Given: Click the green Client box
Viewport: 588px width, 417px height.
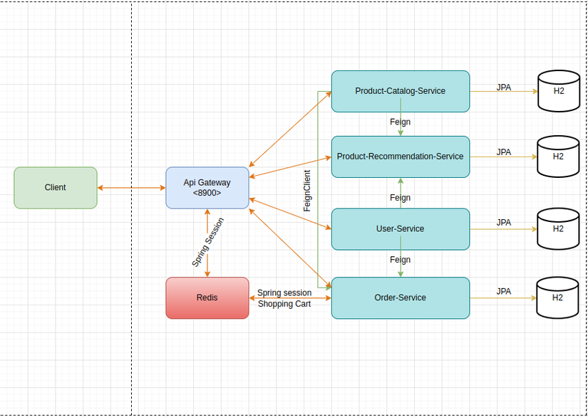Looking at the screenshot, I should (56, 188).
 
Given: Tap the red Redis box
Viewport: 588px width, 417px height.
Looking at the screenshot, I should (207, 297).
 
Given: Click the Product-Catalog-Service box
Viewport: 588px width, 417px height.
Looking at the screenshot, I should (400, 91).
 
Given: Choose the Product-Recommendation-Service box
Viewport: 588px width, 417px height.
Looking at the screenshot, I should (400, 157).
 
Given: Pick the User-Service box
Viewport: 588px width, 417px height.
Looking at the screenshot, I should (400, 229).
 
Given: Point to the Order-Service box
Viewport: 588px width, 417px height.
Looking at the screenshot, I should (400, 297).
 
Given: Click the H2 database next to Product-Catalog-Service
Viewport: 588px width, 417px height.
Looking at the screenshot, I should (558, 92).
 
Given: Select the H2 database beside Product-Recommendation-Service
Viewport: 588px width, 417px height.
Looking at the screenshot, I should (558, 157).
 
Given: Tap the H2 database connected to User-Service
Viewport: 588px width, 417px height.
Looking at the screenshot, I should (558, 229).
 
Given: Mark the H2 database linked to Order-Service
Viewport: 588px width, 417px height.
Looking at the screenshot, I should (558, 297).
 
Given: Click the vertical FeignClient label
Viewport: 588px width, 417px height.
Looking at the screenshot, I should (307, 190).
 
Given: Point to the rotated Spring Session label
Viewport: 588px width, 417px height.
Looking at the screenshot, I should (208, 242).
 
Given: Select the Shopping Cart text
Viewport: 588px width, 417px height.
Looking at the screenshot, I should (285, 304).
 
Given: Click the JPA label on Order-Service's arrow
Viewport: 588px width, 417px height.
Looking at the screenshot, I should (504, 291).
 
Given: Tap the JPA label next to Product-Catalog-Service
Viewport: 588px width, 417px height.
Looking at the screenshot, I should (504, 87).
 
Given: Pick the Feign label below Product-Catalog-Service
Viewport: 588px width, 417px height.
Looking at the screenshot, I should (400, 122).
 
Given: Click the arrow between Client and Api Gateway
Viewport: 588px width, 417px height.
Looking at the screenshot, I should (132, 188).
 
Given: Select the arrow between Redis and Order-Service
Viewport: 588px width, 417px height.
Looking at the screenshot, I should (290, 298).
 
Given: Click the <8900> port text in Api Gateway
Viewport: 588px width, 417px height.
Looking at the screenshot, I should (207, 193).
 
